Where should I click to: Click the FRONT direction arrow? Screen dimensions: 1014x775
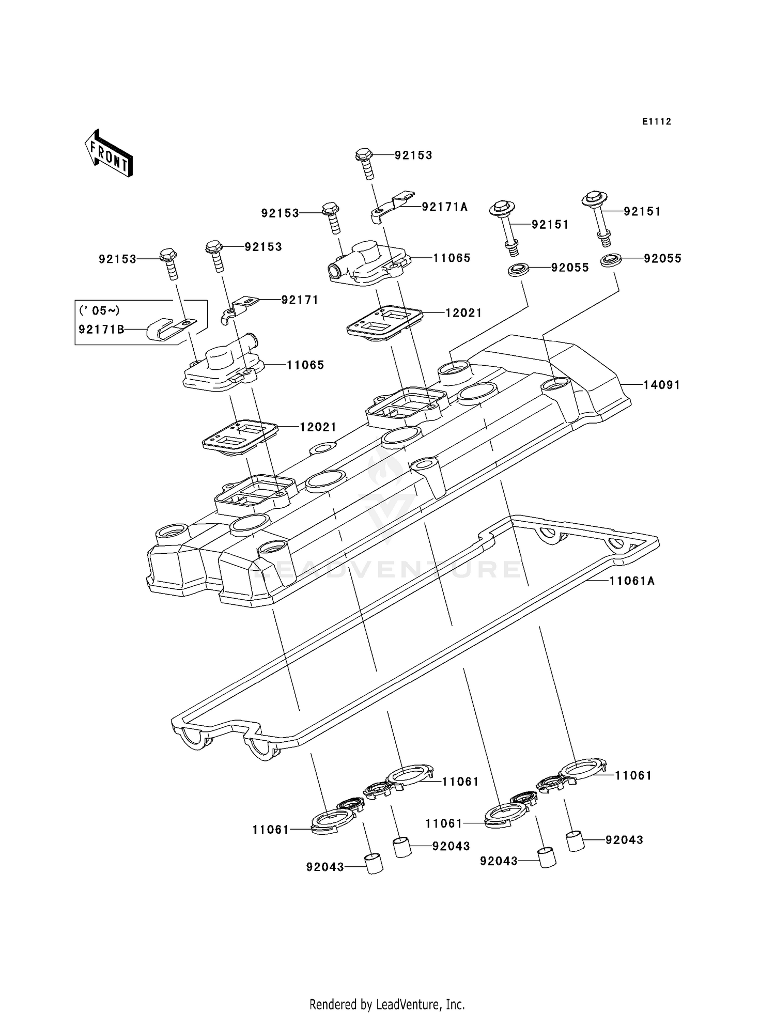(109, 153)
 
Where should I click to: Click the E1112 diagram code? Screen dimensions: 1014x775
(657, 122)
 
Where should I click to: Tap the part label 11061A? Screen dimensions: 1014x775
(631, 581)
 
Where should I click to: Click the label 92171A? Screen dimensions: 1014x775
(444, 207)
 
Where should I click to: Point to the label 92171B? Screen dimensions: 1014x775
(101, 329)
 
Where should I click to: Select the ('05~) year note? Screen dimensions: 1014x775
(99, 310)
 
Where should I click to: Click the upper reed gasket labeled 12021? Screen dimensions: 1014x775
(383, 323)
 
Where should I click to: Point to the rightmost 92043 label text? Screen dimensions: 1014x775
(624, 840)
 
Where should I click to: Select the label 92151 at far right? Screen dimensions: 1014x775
(642, 212)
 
